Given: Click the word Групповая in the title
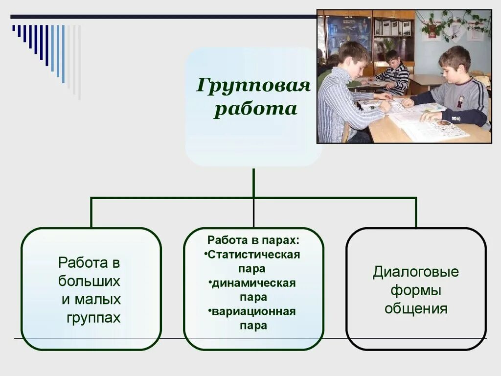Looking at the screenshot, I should pyautogui.click(x=253, y=86).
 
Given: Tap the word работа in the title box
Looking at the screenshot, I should pyautogui.click(x=255, y=109).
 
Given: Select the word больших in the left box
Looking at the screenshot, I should pyautogui.click(x=89, y=282).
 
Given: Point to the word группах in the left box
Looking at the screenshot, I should pyautogui.click(x=93, y=318).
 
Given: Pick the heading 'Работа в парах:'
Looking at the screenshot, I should pyautogui.click(x=253, y=241).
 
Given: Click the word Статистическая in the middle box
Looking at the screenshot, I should pyautogui.click(x=254, y=255).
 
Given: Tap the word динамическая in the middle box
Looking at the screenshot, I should pyautogui.click(x=254, y=283).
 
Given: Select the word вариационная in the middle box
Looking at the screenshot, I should pyautogui.click(x=254, y=312).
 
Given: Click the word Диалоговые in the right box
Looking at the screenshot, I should pyautogui.click(x=416, y=272).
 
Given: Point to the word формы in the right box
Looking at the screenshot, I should pyautogui.click(x=416, y=291).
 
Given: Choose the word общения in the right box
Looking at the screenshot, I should pyautogui.click(x=416, y=309).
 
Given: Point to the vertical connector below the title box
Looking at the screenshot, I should pyautogui.click(x=253, y=182).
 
